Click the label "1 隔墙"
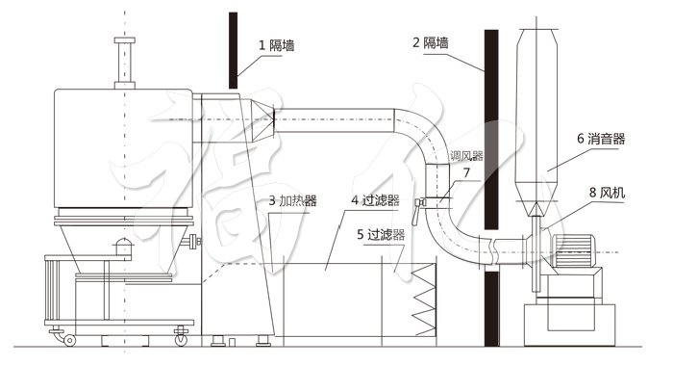[x=275, y=44]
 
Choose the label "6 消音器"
[x=601, y=139]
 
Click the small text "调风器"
[x=465, y=154]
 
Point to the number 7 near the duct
[x=465, y=172]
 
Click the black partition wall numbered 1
[x=233, y=48]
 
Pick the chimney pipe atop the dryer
[x=123, y=63]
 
